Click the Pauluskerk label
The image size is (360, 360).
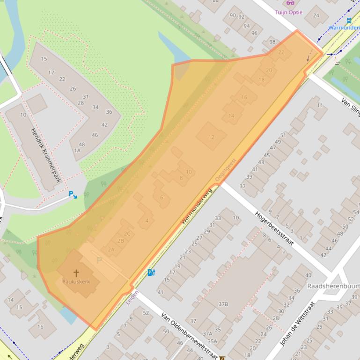click(76, 281)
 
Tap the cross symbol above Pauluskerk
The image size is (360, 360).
click(76, 273)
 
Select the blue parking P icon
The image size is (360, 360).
click(73, 194)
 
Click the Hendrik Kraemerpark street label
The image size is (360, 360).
click(46, 155)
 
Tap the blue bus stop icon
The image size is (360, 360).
click(349, 21)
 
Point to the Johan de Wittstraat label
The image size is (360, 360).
click(297, 323)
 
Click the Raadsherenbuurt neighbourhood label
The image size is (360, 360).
click(333, 285)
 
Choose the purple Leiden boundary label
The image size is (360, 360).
click(132, 297)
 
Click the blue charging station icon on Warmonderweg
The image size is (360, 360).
click(151, 272)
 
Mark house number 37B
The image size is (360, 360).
click(223, 304)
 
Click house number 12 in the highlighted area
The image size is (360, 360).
click(211, 137)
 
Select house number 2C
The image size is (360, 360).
click(127, 233)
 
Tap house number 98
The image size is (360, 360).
click(272, 42)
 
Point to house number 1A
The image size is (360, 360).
click(77, 150)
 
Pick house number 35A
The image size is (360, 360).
click(212, 341)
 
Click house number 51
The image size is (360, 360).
click(283, 135)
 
